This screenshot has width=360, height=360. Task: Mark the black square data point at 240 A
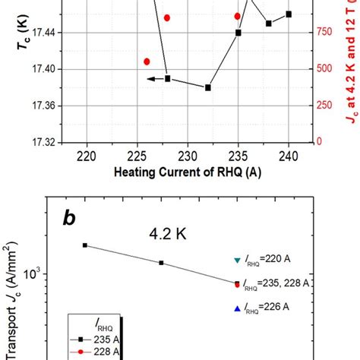coord(289,14)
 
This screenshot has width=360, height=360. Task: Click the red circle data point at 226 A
coord(147,62)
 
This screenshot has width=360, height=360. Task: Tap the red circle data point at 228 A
coord(167,17)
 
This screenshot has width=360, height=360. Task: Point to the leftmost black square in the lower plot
coord(84,245)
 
